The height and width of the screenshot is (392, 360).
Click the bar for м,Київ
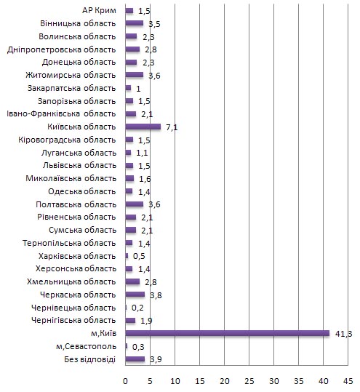[x=227, y=333]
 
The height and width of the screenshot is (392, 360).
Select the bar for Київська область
[x=143, y=127]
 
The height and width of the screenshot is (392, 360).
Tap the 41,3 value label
[x=344, y=334]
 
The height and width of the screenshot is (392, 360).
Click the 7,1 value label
[x=172, y=127]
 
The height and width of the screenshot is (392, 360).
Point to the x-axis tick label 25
[x=249, y=381]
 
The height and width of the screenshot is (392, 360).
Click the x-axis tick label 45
[x=348, y=381]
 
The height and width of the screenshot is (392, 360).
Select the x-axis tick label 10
[x=175, y=381]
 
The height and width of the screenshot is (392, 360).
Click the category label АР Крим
[x=99, y=10]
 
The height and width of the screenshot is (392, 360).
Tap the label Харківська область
[x=77, y=256]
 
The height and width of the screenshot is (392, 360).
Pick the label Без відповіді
[x=89, y=359]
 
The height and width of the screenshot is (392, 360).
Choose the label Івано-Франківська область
[x=61, y=113]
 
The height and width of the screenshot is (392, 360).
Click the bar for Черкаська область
[x=135, y=295]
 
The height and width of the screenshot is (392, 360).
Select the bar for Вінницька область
[x=135, y=23]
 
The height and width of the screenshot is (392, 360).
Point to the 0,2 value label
[x=137, y=308]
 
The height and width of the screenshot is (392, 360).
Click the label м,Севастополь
[x=87, y=346]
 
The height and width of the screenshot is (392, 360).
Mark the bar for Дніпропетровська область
[x=132, y=49]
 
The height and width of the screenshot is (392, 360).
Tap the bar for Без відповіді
[x=135, y=359]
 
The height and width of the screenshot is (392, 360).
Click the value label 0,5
[x=139, y=256]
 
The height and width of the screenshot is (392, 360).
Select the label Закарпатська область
[x=71, y=88]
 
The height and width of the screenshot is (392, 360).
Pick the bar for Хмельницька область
[x=132, y=281]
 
